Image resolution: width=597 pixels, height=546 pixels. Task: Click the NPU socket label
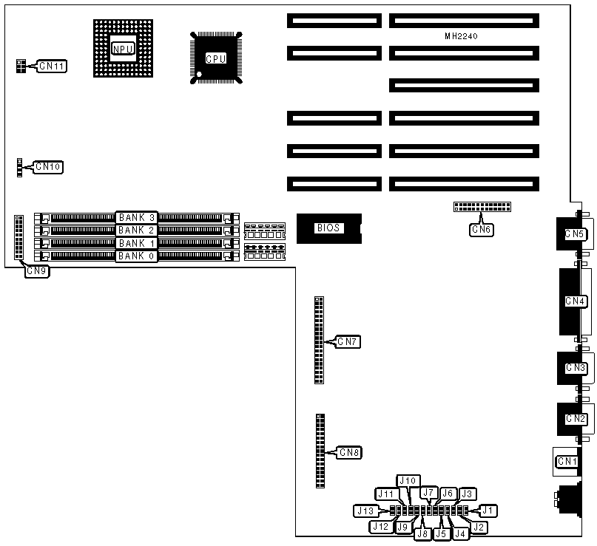[122, 49]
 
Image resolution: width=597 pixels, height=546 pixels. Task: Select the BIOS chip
[328, 228]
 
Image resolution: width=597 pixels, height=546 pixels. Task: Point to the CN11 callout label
[53, 66]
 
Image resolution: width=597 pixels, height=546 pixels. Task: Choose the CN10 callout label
[48, 167]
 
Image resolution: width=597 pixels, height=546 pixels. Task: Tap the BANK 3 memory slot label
[137, 217]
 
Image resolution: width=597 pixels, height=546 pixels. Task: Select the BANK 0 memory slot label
[137, 256]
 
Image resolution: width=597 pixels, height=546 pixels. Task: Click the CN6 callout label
[481, 229]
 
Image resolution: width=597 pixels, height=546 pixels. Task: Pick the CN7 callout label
[348, 341]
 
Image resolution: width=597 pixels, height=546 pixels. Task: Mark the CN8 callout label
[348, 452]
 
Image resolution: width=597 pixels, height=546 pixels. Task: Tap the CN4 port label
[576, 301]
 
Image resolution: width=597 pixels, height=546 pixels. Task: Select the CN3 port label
[576, 367]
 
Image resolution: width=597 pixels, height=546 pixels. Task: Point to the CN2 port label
[576, 419]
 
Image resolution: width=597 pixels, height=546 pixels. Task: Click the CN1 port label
[567, 462]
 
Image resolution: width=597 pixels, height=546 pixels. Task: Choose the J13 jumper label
[365, 511]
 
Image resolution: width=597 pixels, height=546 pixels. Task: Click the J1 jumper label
[488, 510]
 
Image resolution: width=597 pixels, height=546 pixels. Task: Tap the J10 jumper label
[408, 480]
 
